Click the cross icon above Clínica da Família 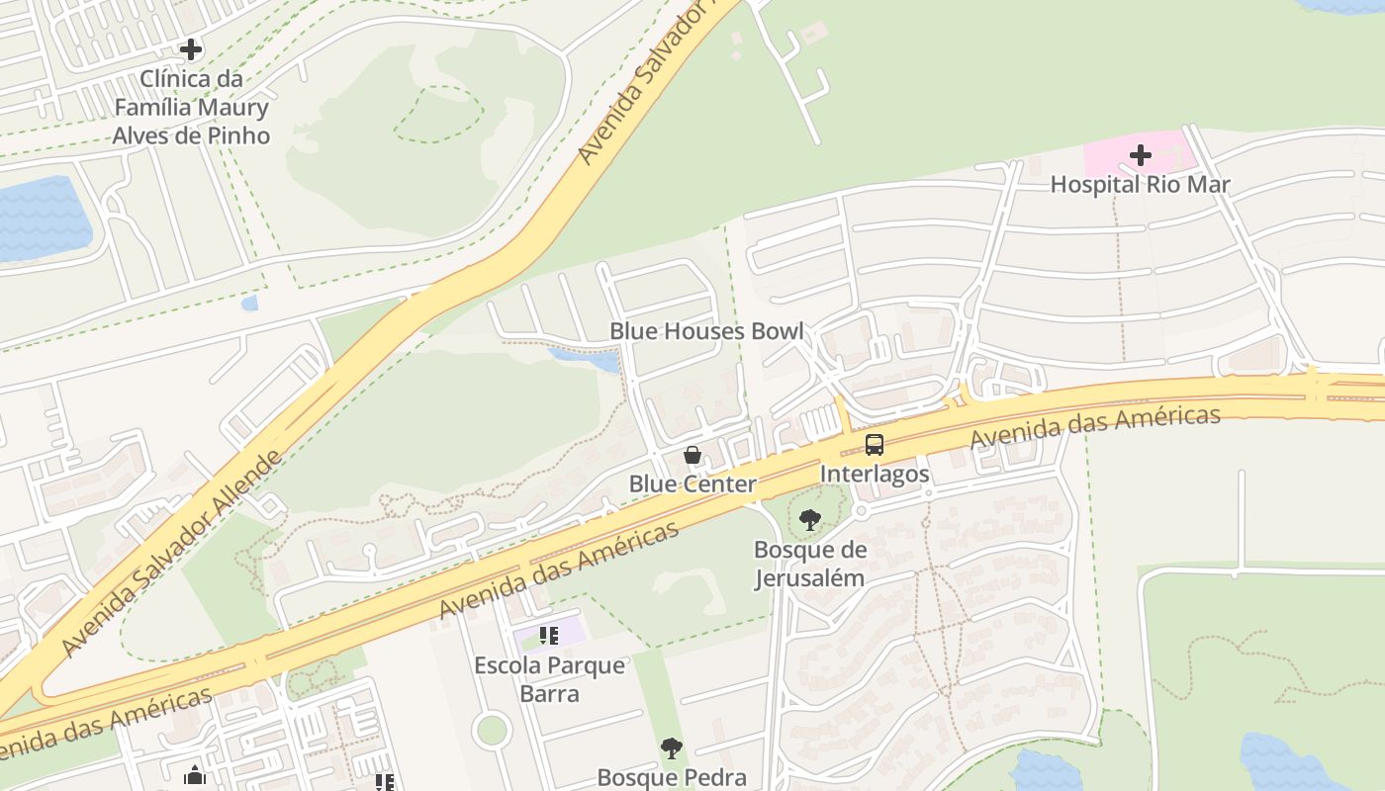coord(191,48)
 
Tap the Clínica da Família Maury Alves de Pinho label coord(191,107)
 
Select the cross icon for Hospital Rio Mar coord(1141,155)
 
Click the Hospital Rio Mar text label coord(1140,184)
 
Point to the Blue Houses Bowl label coord(706,330)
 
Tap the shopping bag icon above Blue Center coord(692,456)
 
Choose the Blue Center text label coord(692,483)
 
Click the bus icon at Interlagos coord(875,445)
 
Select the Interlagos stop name coord(875,474)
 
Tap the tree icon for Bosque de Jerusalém coord(810,519)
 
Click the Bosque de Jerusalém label coord(810,564)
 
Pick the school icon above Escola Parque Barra coord(549,635)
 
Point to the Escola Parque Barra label coord(549,678)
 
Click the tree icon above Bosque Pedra coord(672,748)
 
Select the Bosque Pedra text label coord(672,777)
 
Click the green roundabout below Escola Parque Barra coord(491,731)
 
